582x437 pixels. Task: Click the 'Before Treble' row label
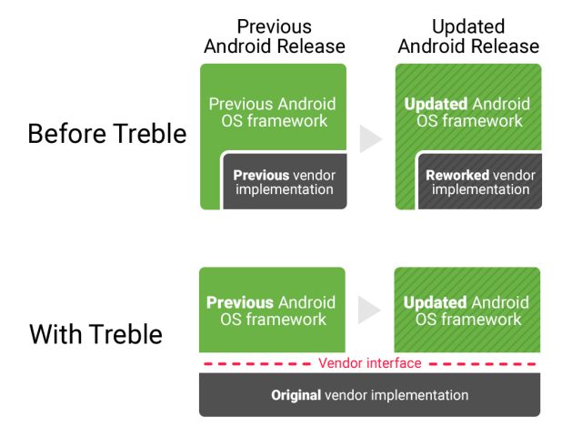pyautogui.click(x=106, y=134)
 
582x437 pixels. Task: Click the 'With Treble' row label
pyautogui.click(x=95, y=334)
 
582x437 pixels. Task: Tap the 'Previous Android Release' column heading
pyautogui.click(x=274, y=36)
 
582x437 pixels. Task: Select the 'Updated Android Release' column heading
pyautogui.click(x=467, y=36)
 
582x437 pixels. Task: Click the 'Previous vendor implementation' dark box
pyautogui.click(x=284, y=182)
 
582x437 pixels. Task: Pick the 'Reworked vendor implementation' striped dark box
pyautogui.click(x=480, y=182)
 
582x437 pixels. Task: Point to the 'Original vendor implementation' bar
pyautogui.click(x=369, y=395)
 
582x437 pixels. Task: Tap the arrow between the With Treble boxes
pyautogui.click(x=368, y=310)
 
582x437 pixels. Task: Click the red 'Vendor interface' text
pyautogui.click(x=370, y=363)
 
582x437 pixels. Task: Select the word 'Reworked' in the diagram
pyautogui.click(x=457, y=175)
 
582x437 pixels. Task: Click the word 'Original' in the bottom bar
pyautogui.click(x=296, y=395)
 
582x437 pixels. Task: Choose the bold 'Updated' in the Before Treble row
pyautogui.click(x=436, y=104)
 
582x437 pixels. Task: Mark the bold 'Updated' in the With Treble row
pyautogui.click(x=435, y=302)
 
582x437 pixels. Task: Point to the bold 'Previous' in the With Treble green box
pyautogui.click(x=239, y=302)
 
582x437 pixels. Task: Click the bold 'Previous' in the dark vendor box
pyautogui.click(x=261, y=175)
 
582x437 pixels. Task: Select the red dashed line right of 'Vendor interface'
pyautogui.click(x=482, y=363)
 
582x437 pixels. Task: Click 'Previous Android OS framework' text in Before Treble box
pyautogui.click(x=272, y=112)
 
